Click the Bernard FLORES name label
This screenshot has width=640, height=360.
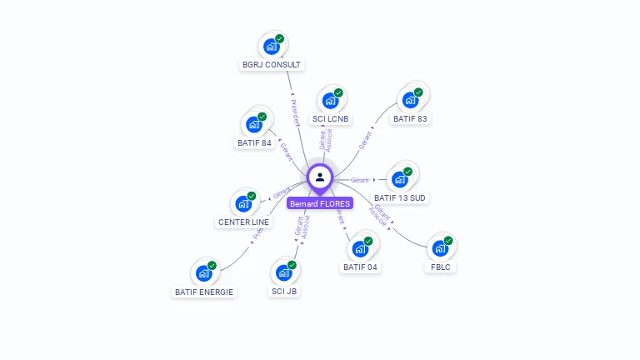tap(320, 203)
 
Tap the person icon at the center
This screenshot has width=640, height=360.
tap(320, 177)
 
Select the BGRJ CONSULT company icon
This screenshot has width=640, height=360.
tap(271, 47)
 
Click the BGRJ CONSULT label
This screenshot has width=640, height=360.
tap(272, 64)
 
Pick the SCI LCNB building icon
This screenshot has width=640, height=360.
tap(330, 101)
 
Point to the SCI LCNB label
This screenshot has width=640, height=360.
tap(331, 118)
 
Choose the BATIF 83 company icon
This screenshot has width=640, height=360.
tap(410, 100)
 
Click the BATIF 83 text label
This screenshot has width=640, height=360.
tap(411, 118)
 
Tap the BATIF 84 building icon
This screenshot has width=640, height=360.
tap(253, 125)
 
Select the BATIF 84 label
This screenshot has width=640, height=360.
tap(254, 142)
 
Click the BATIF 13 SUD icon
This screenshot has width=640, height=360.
tap(400, 179)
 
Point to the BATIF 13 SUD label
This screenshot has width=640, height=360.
tap(400, 197)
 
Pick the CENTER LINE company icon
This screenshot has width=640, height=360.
tap(243, 203)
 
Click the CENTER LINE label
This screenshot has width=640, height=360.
tap(243, 222)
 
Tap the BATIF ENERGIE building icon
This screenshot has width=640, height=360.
tap(204, 273)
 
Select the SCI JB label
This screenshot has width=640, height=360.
tap(284, 292)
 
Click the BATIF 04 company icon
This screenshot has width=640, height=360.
tap(360, 248)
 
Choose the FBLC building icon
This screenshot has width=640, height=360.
tap(439, 248)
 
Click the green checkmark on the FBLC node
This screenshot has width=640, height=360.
tap(448, 241)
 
